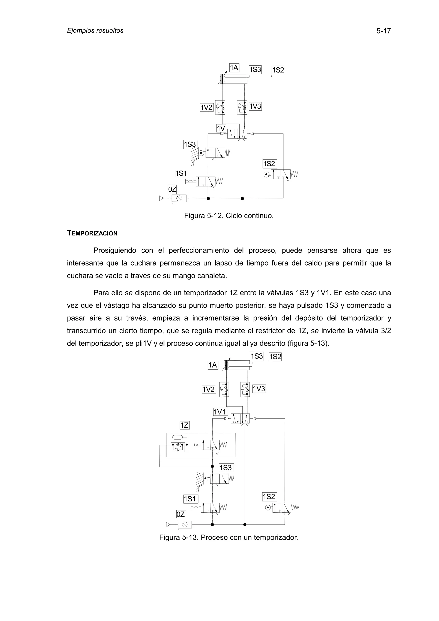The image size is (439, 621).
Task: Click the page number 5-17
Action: pos(383,31)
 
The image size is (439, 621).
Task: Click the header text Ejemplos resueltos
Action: pos(95,31)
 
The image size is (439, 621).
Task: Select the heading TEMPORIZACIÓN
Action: pos(92,233)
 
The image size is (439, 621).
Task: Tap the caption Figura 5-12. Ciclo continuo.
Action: pos(229,216)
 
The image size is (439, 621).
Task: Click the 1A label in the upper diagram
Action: pos(234,68)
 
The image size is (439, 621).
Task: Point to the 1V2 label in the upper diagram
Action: pos(206,107)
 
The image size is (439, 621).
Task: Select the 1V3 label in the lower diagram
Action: pos(259,389)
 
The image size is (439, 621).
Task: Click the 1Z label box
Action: pos(185,425)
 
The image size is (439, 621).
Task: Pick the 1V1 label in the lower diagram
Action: pos(220,412)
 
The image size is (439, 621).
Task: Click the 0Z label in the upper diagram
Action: pos(172,189)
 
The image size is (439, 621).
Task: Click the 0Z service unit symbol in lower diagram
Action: pos(185,524)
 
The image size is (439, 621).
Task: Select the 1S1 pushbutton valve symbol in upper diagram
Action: pos(206,181)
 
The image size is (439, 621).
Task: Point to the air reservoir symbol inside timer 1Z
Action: pos(177,437)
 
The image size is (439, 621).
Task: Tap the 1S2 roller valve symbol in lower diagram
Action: pos(281,508)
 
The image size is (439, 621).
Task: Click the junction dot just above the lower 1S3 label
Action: pos(212,466)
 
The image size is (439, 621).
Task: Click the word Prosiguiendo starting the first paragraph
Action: pos(115,250)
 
